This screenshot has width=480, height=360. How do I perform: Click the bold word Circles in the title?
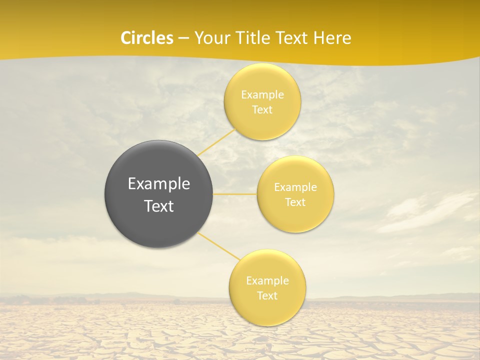[x=147, y=38]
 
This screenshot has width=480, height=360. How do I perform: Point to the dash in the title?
[x=183, y=38]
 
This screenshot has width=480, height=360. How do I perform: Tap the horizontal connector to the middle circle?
[x=235, y=194]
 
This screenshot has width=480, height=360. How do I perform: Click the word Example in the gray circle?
[x=159, y=184]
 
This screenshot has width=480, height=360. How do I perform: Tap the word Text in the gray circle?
[x=159, y=206]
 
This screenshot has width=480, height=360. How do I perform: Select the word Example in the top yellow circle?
[x=262, y=95]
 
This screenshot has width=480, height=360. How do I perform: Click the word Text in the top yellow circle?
[x=262, y=110]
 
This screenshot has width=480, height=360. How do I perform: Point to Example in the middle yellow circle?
[x=295, y=187]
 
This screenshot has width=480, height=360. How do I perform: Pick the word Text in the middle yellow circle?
[x=295, y=202]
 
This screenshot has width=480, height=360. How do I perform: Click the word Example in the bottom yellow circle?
[x=267, y=281]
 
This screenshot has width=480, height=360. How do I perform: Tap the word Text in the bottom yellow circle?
[x=267, y=296]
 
